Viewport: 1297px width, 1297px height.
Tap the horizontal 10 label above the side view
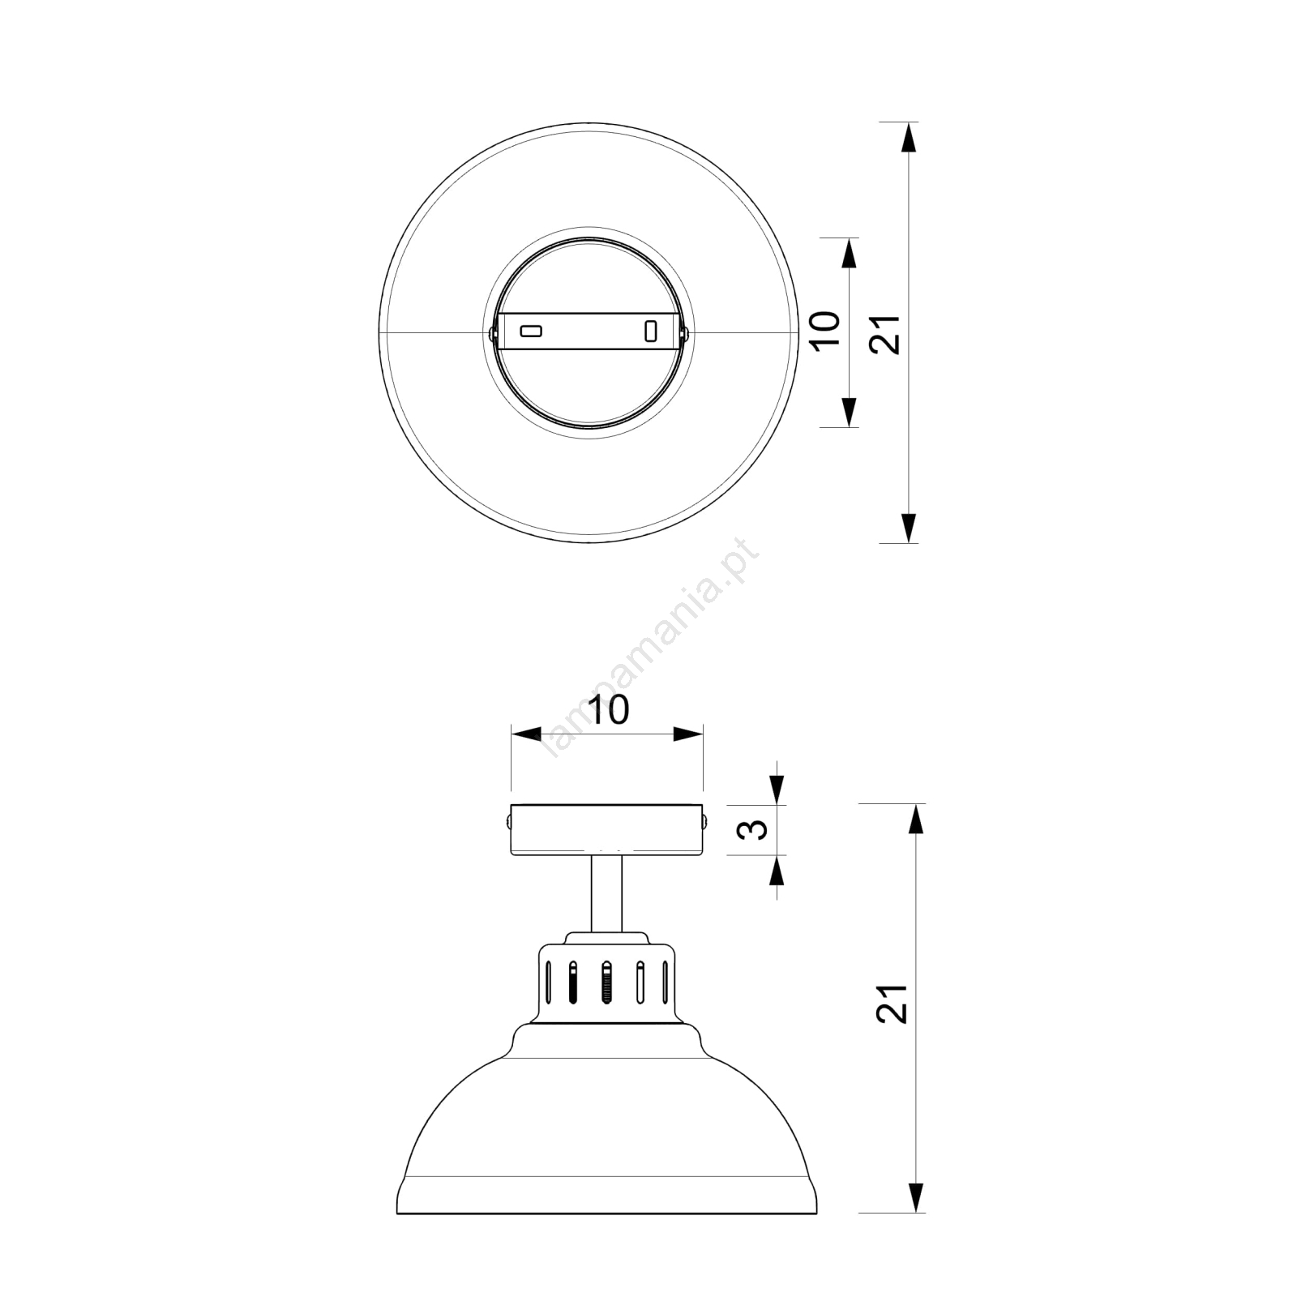click(x=607, y=710)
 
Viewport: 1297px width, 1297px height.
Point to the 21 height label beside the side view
click(x=892, y=1004)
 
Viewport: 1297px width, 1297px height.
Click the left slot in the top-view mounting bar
click(x=531, y=331)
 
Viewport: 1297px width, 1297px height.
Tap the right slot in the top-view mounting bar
click(x=649, y=331)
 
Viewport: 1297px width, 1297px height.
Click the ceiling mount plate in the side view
click(x=607, y=829)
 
